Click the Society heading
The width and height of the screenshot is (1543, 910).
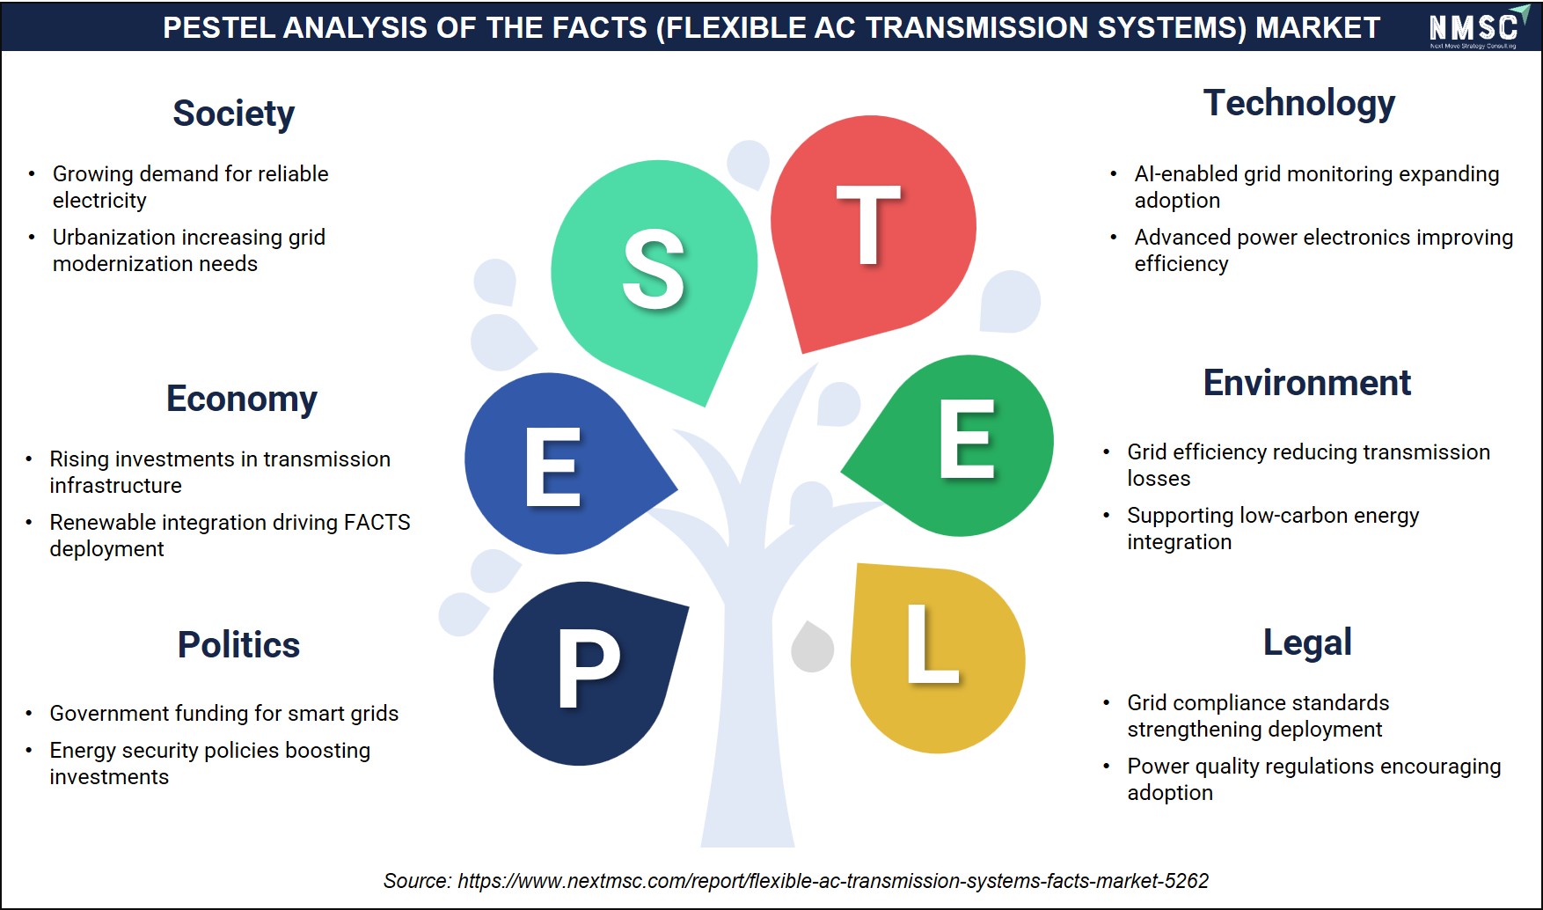(233, 114)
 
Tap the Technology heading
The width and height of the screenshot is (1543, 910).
(1299, 103)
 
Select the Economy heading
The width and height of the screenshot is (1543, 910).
(242, 399)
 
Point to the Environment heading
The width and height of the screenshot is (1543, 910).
(1307, 383)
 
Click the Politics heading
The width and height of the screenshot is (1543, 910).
(238, 645)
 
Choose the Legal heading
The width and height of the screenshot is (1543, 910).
(1307, 643)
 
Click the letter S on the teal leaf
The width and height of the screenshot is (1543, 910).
(654, 269)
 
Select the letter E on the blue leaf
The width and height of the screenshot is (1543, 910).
(553, 466)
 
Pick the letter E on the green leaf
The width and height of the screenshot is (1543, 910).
(967, 438)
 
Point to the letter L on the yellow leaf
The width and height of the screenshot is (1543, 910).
(932, 643)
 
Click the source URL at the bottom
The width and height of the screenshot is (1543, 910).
(833, 881)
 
